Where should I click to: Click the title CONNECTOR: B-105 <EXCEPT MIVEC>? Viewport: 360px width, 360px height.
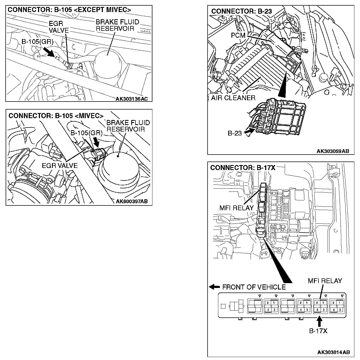[x=69, y=10]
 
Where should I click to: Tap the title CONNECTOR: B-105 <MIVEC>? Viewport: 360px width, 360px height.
[x=56, y=116]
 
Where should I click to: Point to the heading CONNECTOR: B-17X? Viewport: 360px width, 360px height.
[x=243, y=168]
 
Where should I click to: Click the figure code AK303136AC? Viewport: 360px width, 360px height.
[x=132, y=99]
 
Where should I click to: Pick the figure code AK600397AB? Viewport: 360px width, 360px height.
[x=132, y=201]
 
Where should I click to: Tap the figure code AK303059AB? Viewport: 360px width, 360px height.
[x=333, y=151]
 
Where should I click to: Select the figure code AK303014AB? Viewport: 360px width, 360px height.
[x=333, y=352]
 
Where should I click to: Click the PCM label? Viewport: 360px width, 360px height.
[x=238, y=35]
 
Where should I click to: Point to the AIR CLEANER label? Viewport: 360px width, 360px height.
[x=233, y=98]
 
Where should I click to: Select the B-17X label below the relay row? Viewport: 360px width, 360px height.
[x=318, y=331]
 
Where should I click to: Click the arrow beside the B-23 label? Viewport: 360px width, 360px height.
[x=249, y=132]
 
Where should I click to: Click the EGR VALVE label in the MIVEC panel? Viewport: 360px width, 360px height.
[x=59, y=166]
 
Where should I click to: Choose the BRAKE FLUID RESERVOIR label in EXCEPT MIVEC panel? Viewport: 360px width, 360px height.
[x=117, y=25]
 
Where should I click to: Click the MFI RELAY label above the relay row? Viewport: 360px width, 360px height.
[x=325, y=281]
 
